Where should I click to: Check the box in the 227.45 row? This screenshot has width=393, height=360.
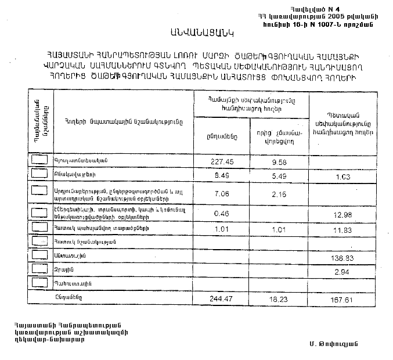(x=39, y=159)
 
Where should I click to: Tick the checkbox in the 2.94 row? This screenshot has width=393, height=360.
(x=39, y=268)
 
